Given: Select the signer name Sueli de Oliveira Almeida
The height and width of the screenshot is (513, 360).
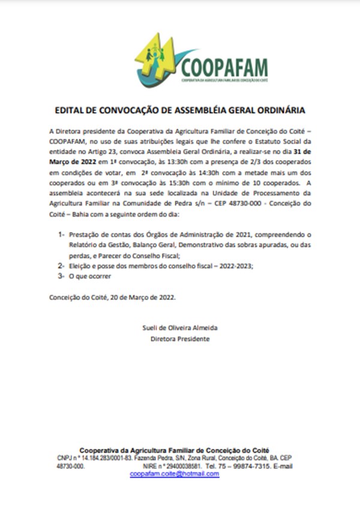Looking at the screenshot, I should pos(179,328).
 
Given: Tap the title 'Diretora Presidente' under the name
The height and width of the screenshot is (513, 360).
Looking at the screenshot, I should pos(179,338).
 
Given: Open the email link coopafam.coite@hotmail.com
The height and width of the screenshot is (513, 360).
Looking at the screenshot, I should pos(175,473).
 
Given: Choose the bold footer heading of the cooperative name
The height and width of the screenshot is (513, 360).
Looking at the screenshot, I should pos(175,449).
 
